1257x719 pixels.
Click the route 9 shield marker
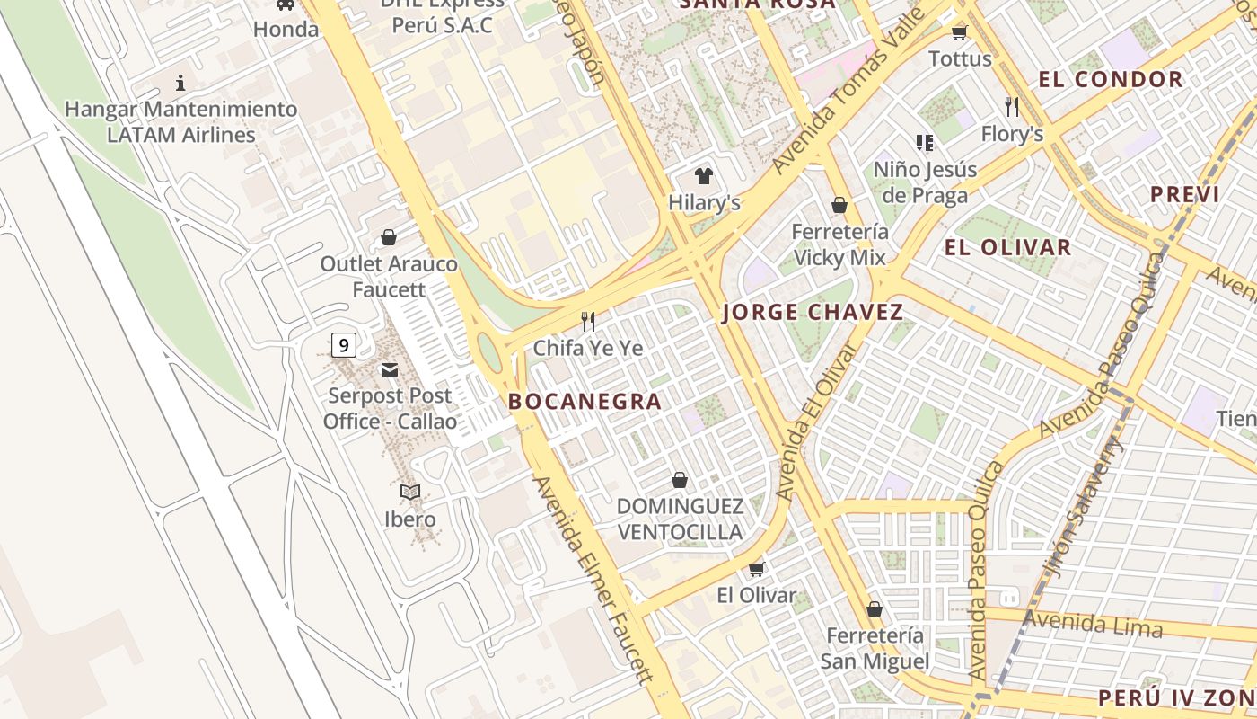coord(343,344)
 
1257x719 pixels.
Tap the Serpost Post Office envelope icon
coord(390,370)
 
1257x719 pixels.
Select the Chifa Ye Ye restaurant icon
coord(588,321)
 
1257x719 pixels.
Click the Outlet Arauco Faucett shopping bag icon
coord(389,237)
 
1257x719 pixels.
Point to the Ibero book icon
coord(410,492)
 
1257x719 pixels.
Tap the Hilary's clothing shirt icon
coord(703,176)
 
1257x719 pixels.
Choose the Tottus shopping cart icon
coord(959,33)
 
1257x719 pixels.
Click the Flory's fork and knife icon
coord(1012,107)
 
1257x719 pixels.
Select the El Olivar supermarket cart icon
coord(756,569)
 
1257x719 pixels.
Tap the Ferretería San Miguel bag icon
coord(874,609)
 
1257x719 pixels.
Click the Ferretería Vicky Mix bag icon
coord(839,205)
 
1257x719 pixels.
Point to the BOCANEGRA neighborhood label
coord(585,402)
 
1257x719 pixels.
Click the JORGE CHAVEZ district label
coord(813,313)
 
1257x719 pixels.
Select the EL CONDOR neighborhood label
coord(1111,79)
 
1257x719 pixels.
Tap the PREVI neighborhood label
coord(1184,194)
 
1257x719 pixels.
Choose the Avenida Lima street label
coord(1093,623)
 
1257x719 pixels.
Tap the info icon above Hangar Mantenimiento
coord(180,83)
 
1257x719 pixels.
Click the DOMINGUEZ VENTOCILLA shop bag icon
coord(680,480)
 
